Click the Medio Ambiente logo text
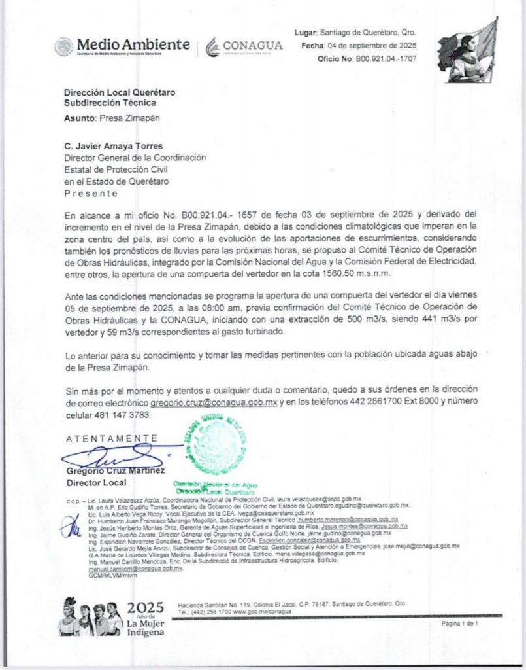point(133,44)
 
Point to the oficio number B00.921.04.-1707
point(386,59)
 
